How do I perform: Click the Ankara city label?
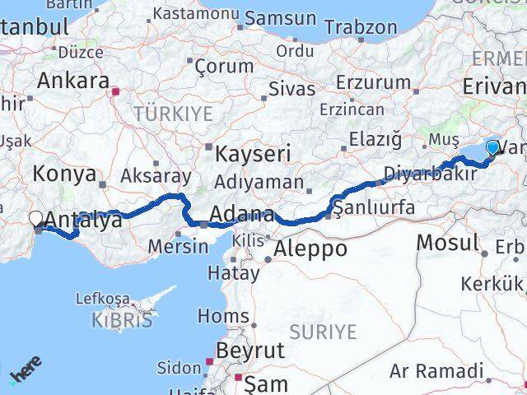[x=73, y=81]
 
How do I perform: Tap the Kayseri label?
[x=253, y=154]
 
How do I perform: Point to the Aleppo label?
[x=311, y=248]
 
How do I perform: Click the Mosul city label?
[x=448, y=242]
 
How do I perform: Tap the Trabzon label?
[x=361, y=27]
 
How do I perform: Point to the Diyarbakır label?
[x=430, y=174]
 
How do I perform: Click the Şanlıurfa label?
[x=375, y=207]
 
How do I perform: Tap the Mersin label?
[x=178, y=245]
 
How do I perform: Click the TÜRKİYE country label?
[x=173, y=112]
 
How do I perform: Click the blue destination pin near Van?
[x=492, y=148]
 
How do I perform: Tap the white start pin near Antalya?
[x=36, y=219]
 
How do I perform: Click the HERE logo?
[x=25, y=375]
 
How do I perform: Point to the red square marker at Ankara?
[x=116, y=92]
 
